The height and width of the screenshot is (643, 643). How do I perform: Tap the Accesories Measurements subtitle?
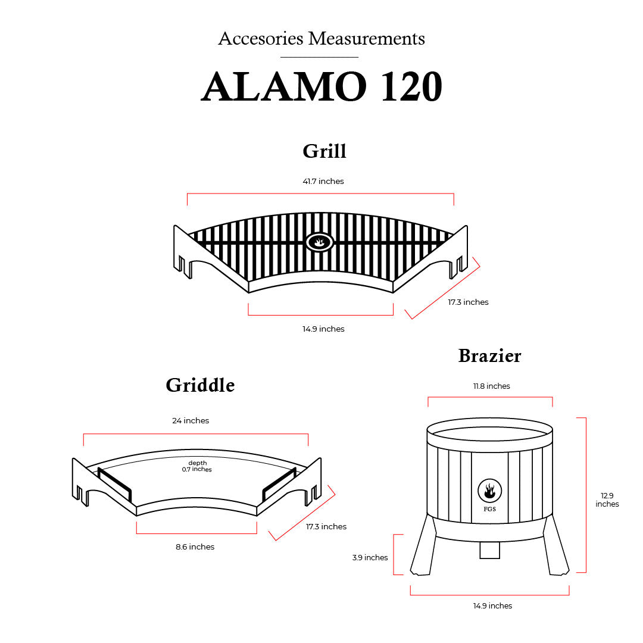321,39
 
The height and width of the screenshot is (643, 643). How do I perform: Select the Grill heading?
324,151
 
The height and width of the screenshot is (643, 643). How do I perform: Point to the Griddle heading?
200,385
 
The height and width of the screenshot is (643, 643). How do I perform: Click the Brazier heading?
489,355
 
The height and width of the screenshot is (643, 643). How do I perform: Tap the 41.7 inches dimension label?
323,181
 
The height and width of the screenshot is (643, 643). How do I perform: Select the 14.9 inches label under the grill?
323,329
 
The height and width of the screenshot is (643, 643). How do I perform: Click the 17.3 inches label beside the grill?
468,302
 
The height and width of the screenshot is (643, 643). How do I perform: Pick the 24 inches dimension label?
191,420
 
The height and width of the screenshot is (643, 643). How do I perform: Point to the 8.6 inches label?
195,547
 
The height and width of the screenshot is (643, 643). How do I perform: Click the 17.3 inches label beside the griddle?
326,526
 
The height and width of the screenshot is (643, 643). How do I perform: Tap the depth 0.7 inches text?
197,466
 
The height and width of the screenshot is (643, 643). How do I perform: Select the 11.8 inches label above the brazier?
492,386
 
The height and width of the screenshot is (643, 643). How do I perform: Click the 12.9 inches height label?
607,500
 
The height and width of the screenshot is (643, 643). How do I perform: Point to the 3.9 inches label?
370,557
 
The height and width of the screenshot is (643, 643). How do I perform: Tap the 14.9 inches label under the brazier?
492,605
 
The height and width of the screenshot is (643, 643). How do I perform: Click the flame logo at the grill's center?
320,242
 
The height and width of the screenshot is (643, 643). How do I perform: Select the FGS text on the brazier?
489,509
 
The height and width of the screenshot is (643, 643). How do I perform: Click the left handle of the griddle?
114,485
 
